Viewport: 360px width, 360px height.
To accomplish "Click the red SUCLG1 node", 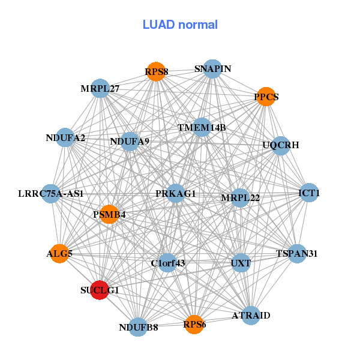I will [x=100, y=289].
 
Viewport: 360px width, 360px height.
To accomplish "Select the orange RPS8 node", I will [x=156, y=71].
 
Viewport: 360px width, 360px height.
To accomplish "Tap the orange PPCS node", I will [x=266, y=96].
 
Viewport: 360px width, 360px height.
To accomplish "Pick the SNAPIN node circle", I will [x=212, y=68].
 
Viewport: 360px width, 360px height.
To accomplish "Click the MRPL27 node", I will [x=100, y=88].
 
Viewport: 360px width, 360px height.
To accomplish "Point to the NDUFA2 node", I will [x=65, y=137].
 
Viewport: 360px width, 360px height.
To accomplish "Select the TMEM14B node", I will [x=202, y=127].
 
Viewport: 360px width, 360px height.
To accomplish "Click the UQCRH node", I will [x=281, y=145].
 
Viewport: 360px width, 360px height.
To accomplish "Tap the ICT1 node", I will [x=309, y=193].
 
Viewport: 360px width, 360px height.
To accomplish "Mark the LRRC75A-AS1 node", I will [x=51, y=194].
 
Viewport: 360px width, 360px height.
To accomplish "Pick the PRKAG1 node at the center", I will [x=175, y=193].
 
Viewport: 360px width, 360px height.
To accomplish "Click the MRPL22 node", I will [x=240, y=197].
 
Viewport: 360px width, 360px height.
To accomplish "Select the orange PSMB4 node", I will [x=109, y=214].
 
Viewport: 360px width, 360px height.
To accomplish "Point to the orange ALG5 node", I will [x=59, y=254].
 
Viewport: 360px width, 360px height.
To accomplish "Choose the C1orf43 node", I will [x=168, y=263].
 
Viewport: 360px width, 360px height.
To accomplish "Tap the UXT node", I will [x=241, y=263].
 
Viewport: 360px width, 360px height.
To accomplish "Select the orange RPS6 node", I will [x=194, y=324].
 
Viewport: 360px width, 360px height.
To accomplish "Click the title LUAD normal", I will [x=180, y=25].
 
